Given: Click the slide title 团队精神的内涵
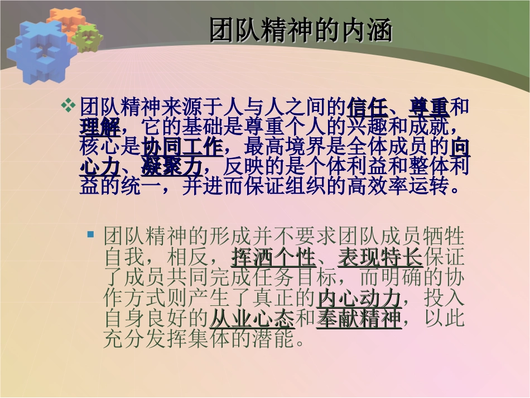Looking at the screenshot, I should click(x=301, y=31).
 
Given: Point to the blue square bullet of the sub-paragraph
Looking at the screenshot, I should click(x=91, y=233).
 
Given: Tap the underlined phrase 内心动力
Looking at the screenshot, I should click(x=359, y=298).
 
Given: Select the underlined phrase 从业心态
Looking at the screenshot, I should click(x=252, y=319).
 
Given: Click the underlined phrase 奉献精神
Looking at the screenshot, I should click(x=359, y=319).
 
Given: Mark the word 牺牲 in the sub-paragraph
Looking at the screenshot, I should click(x=444, y=236).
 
